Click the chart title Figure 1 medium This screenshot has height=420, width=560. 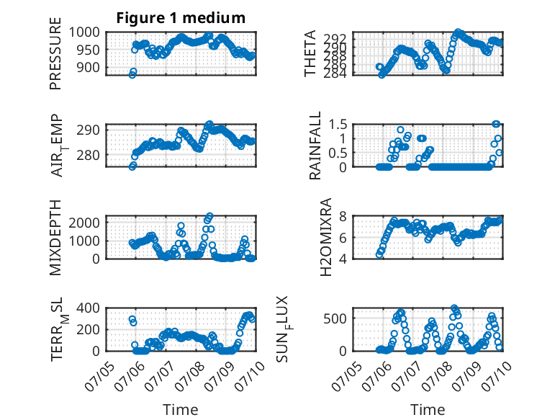181,18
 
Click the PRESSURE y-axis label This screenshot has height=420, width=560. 55,53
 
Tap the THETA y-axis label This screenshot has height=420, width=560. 310,53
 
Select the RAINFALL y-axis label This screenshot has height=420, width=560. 315,146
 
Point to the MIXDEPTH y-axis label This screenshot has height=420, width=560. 55,237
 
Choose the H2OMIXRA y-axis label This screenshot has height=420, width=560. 326,237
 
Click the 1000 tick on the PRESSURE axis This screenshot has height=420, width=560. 84,32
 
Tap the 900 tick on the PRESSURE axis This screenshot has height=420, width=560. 89,67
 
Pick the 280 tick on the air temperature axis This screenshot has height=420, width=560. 89,155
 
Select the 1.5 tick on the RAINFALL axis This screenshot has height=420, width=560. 338,125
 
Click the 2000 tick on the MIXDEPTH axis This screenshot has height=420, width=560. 84,223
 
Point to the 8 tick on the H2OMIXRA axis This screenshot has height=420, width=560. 343,216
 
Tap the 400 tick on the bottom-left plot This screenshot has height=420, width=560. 89,308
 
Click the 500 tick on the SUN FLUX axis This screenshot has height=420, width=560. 335,318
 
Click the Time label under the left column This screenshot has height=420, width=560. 181,410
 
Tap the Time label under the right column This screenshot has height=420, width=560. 428,410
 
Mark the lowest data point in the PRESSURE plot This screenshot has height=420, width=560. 132,75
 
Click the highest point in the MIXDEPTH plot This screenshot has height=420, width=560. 209,216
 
